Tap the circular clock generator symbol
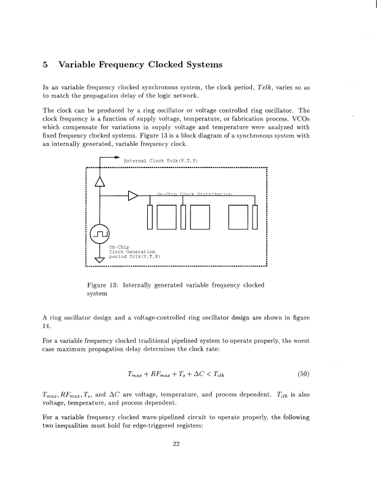tap(100, 233)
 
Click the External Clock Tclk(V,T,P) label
tap(160, 161)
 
